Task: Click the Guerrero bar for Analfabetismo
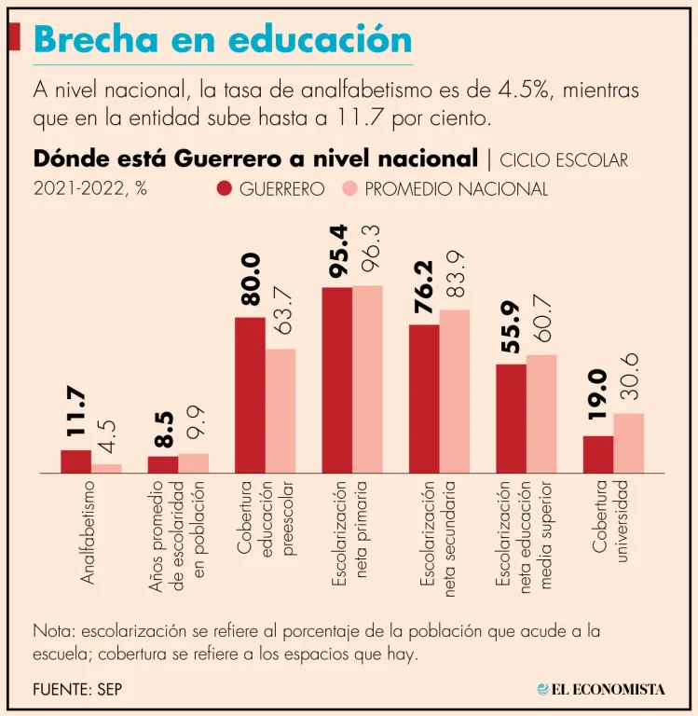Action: (x=75, y=461)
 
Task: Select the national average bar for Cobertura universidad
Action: (x=629, y=444)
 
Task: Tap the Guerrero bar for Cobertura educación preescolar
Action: (x=250, y=395)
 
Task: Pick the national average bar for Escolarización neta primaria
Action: (x=367, y=379)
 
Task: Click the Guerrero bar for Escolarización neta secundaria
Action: (x=424, y=399)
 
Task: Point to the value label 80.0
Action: (x=250, y=280)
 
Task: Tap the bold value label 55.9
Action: (x=511, y=327)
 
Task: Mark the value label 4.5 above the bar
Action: (x=107, y=438)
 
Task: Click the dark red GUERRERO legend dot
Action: (x=225, y=189)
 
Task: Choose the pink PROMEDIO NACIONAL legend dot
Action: (x=349, y=189)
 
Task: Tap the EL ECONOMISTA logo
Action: (x=601, y=689)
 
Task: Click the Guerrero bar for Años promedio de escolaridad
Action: (x=163, y=464)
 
